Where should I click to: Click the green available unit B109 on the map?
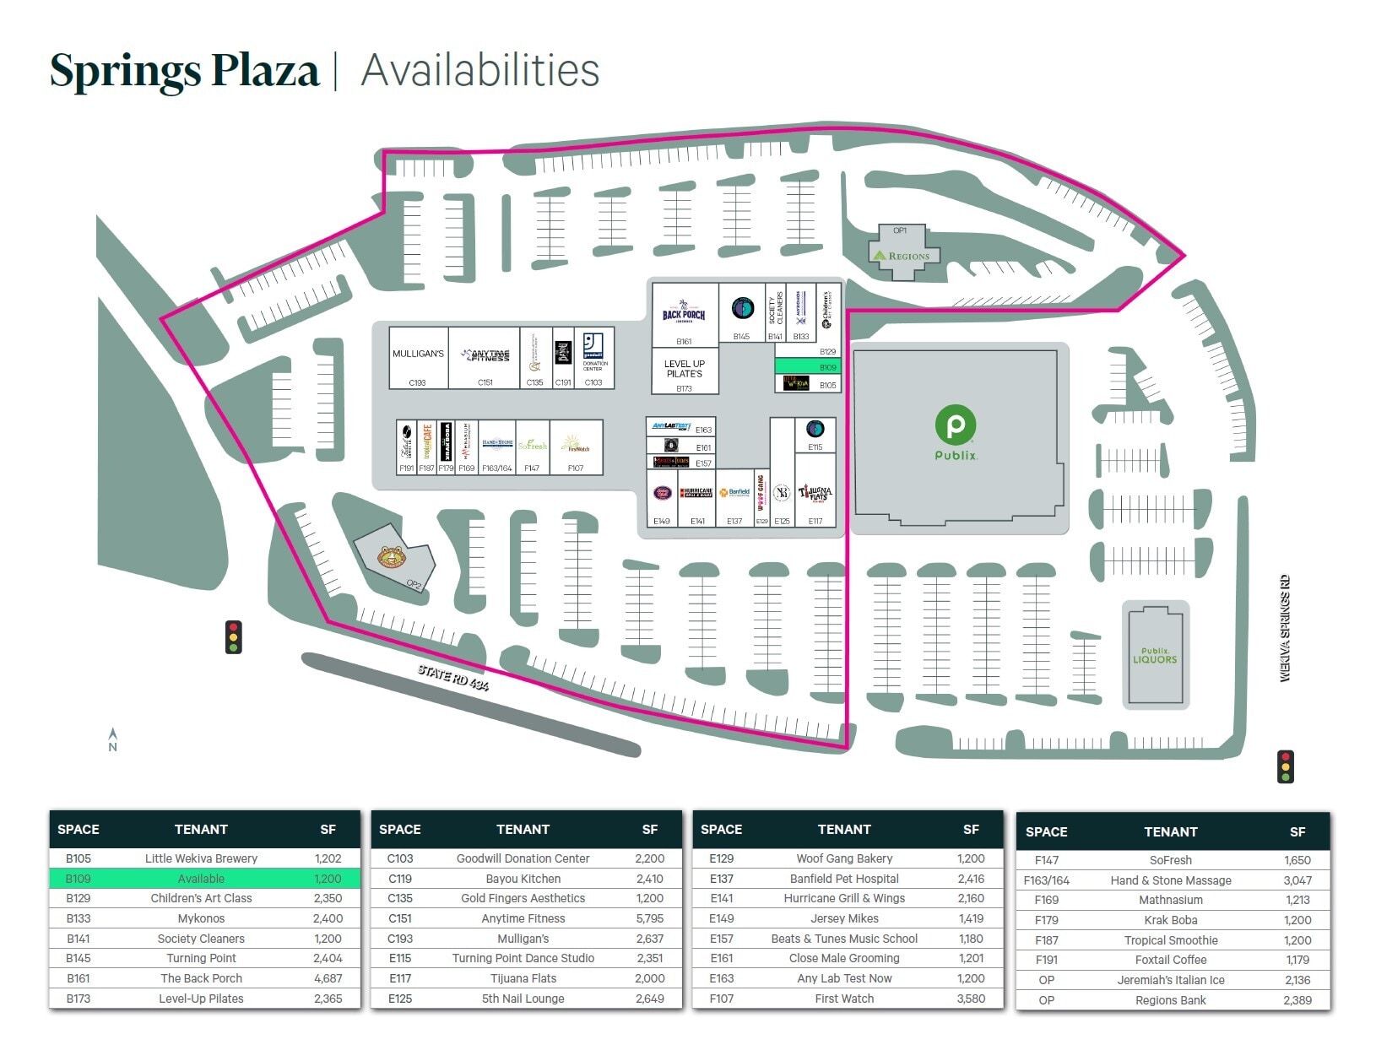click(x=807, y=366)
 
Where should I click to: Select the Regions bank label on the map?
click(x=902, y=255)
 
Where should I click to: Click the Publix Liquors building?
click(x=1155, y=655)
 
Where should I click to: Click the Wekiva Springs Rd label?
click(x=1285, y=628)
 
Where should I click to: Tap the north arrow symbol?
click(x=113, y=739)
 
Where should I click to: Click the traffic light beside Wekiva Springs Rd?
click(x=1286, y=766)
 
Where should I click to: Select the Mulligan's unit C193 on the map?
click(x=418, y=358)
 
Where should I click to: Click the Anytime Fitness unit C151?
click(x=484, y=358)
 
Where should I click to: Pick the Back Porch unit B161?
click(x=684, y=315)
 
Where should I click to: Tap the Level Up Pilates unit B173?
click(x=685, y=371)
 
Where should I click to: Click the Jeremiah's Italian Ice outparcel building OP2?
click(x=393, y=558)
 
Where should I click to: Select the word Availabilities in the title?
click(x=479, y=70)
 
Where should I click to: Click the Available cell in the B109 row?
click(x=201, y=879)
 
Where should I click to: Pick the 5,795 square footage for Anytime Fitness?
click(x=649, y=918)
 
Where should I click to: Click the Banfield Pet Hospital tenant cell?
click(x=844, y=879)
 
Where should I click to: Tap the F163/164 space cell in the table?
click(x=1046, y=880)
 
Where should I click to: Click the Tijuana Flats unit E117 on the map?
click(x=815, y=498)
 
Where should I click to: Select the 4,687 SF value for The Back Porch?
click(x=328, y=978)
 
